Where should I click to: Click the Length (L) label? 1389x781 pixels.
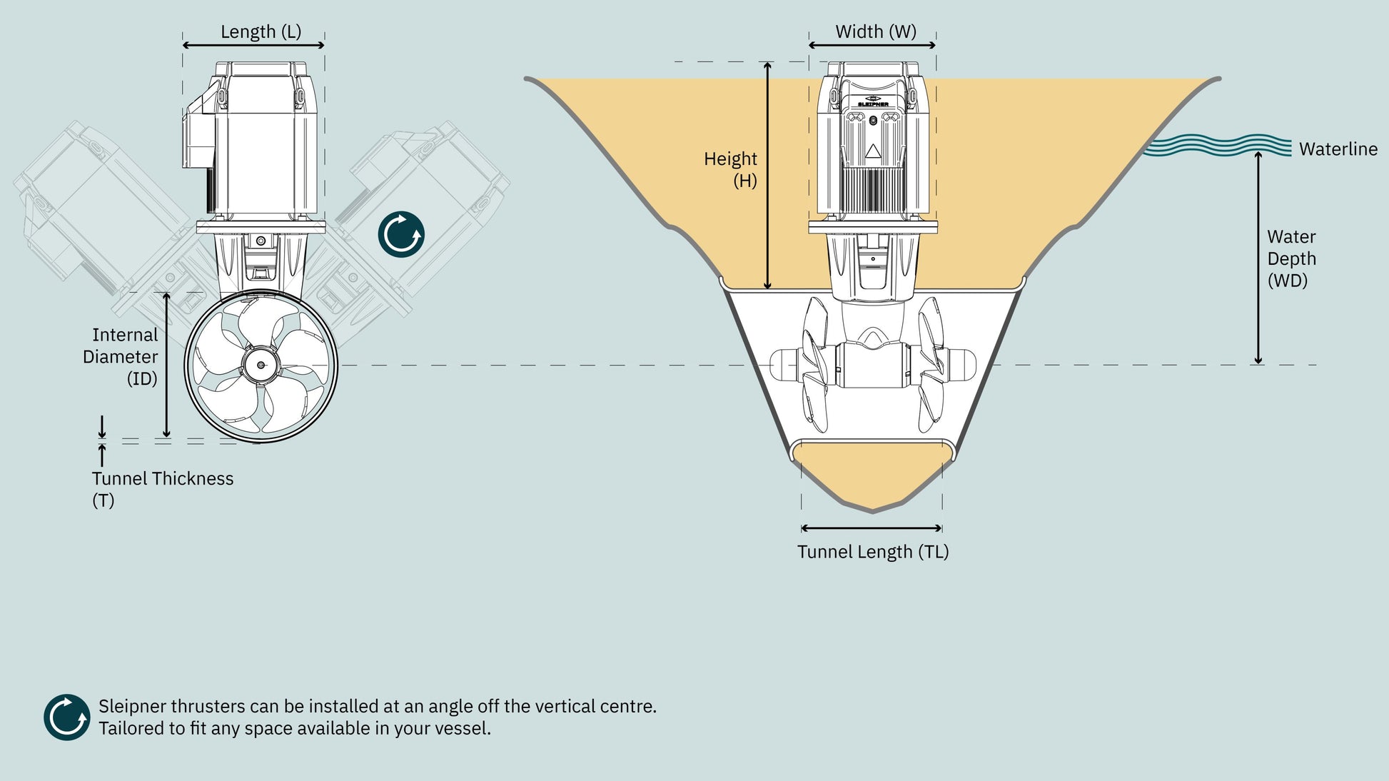[261, 32]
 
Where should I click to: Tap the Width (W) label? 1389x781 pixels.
[876, 32]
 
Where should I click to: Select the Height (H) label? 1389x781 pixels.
[730, 169]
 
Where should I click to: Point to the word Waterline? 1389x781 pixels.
[1338, 149]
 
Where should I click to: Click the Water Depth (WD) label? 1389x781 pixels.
[1291, 258]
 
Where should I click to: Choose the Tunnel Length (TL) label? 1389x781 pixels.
[873, 552]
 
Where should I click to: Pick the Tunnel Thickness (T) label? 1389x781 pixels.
[163, 489]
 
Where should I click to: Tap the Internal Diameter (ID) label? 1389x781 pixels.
[121, 357]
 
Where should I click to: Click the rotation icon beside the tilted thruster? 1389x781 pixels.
[401, 234]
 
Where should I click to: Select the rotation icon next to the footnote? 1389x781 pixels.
[66, 717]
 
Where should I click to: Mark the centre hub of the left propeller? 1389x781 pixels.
[261, 365]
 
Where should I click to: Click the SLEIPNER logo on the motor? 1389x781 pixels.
[873, 102]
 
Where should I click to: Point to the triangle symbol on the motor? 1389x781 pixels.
[873, 151]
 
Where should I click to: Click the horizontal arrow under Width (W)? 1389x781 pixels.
[872, 45]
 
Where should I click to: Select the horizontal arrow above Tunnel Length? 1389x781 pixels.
[872, 528]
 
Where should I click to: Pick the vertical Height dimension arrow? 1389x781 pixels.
[768, 176]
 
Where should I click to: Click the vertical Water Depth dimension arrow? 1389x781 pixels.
[1258, 258]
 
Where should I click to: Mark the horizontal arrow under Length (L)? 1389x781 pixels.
[253, 45]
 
